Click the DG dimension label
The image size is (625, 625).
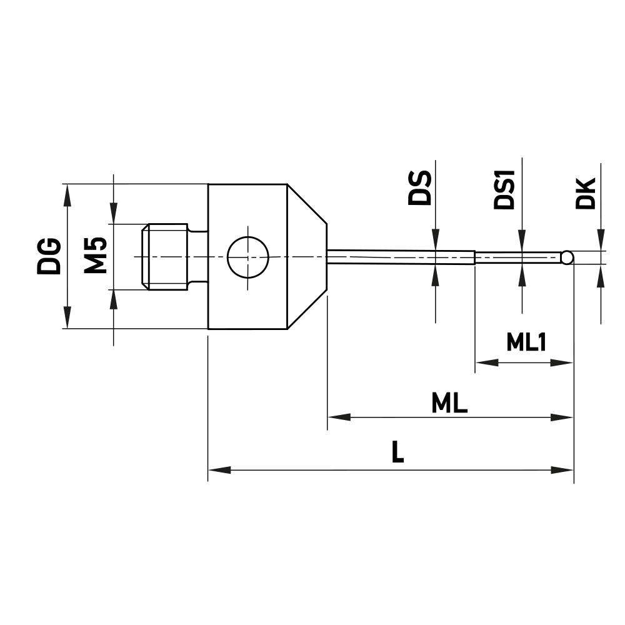click(x=48, y=256)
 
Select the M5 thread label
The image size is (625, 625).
click(x=96, y=256)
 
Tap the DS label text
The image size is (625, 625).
click(x=419, y=188)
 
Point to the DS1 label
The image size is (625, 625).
click(x=504, y=189)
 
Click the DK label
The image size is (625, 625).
click(x=586, y=193)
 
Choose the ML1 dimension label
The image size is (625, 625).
click(x=526, y=342)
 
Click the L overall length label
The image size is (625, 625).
click(x=397, y=453)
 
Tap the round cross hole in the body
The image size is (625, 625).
click(x=247, y=257)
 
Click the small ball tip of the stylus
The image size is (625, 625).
click(x=567, y=257)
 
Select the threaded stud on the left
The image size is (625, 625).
click(x=166, y=257)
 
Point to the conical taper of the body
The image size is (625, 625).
click(x=307, y=257)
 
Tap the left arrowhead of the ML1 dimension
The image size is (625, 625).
click(x=487, y=362)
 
